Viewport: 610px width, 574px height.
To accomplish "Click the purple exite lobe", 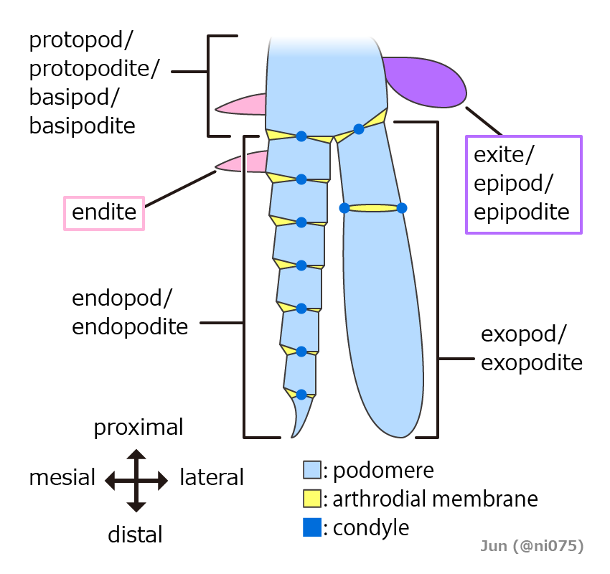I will (427, 80).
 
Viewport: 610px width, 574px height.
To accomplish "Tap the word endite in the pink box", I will (104, 212).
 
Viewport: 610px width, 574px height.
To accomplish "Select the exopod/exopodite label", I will (531, 349).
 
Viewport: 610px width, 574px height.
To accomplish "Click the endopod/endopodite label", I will (130, 313).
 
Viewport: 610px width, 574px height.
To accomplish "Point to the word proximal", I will (139, 428).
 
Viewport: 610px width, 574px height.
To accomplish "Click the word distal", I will (135, 535).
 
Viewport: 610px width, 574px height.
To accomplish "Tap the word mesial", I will (62, 478).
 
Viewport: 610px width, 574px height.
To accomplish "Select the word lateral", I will (212, 477).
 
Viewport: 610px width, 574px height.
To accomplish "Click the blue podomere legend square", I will (311, 470).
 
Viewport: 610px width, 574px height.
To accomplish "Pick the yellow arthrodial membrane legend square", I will (311, 499).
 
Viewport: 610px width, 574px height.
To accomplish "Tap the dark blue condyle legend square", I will (311, 528).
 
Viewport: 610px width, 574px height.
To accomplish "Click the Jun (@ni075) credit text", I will (532, 546).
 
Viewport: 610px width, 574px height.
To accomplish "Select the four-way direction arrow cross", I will (136, 480).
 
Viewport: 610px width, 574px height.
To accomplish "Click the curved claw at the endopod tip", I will (301, 416).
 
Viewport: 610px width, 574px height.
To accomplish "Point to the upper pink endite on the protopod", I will (243, 105).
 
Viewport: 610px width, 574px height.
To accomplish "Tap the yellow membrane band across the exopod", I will (372, 208).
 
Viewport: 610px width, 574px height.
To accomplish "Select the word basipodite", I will (82, 126).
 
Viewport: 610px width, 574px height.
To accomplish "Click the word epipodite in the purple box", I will (522, 212).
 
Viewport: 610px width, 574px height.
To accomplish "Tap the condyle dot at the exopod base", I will (359, 129).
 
